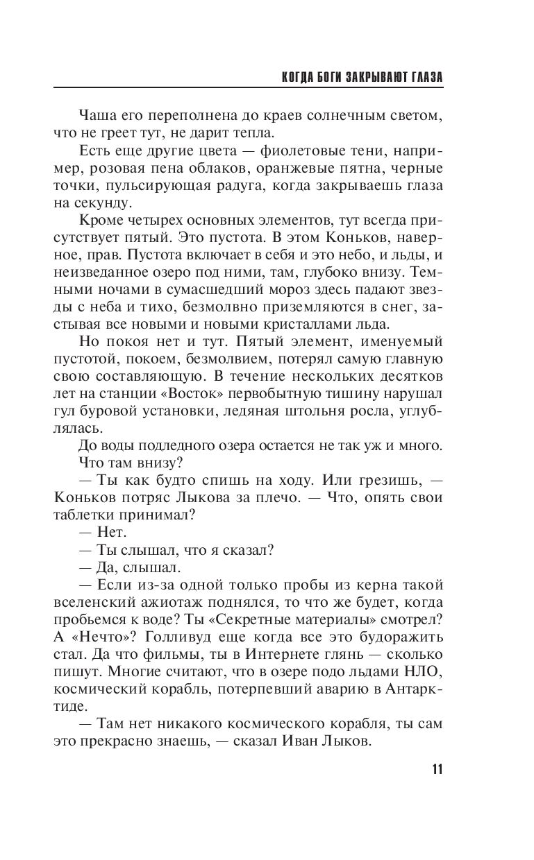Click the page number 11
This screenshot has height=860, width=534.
[x=437, y=769]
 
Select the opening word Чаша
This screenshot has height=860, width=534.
[x=97, y=114]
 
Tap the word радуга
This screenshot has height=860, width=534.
[x=219, y=187]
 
